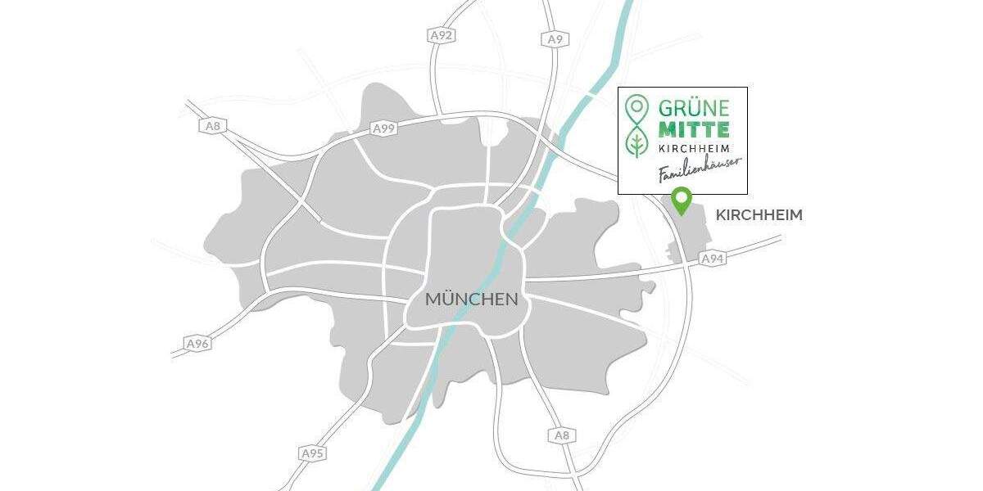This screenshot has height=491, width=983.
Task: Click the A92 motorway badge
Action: pyautogui.click(x=441, y=35)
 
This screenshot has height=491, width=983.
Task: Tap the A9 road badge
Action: pyautogui.click(x=555, y=38)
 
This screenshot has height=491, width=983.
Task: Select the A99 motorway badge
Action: pyautogui.click(x=384, y=128)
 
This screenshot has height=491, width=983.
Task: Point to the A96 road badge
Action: pyautogui.click(x=197, y=344)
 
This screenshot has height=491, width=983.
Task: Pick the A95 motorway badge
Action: pyautogui.click(x=311, y=453)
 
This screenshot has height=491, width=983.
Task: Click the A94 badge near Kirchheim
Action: pyautogui.click(x=713, y=259)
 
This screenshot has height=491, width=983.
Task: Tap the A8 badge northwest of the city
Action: pyautogui.click(x=212, y=126)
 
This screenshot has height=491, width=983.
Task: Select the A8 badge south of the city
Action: pyautogui.click(x=561, y=435)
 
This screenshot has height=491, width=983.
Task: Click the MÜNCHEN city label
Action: pyautogui.click(x=471, y=300)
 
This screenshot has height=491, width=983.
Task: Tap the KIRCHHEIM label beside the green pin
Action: pyautogui.click(x=759, y=215)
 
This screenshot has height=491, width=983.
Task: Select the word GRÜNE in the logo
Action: pyautogui.click(x=687, y=108)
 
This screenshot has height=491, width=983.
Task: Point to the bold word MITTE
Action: pyautogui.click(x=693, y=129)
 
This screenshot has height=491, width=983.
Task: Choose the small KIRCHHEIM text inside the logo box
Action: pyautogui.click(x=693, y=148)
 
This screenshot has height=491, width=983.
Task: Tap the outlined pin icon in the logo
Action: pyautogui.click(x=636, y=108)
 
